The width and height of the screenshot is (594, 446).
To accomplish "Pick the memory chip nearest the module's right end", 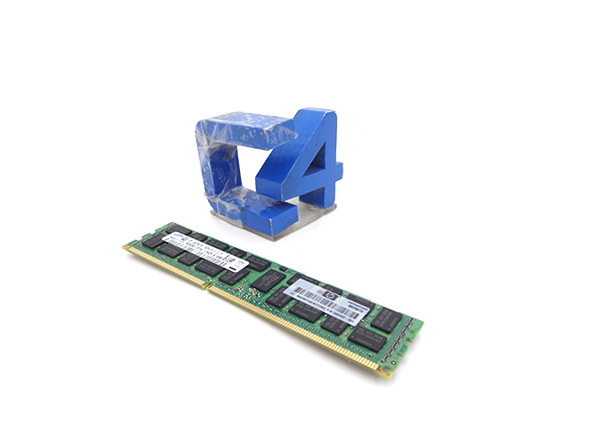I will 389,317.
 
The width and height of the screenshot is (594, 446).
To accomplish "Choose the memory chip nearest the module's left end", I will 153,242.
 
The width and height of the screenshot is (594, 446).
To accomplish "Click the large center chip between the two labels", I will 268,281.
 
